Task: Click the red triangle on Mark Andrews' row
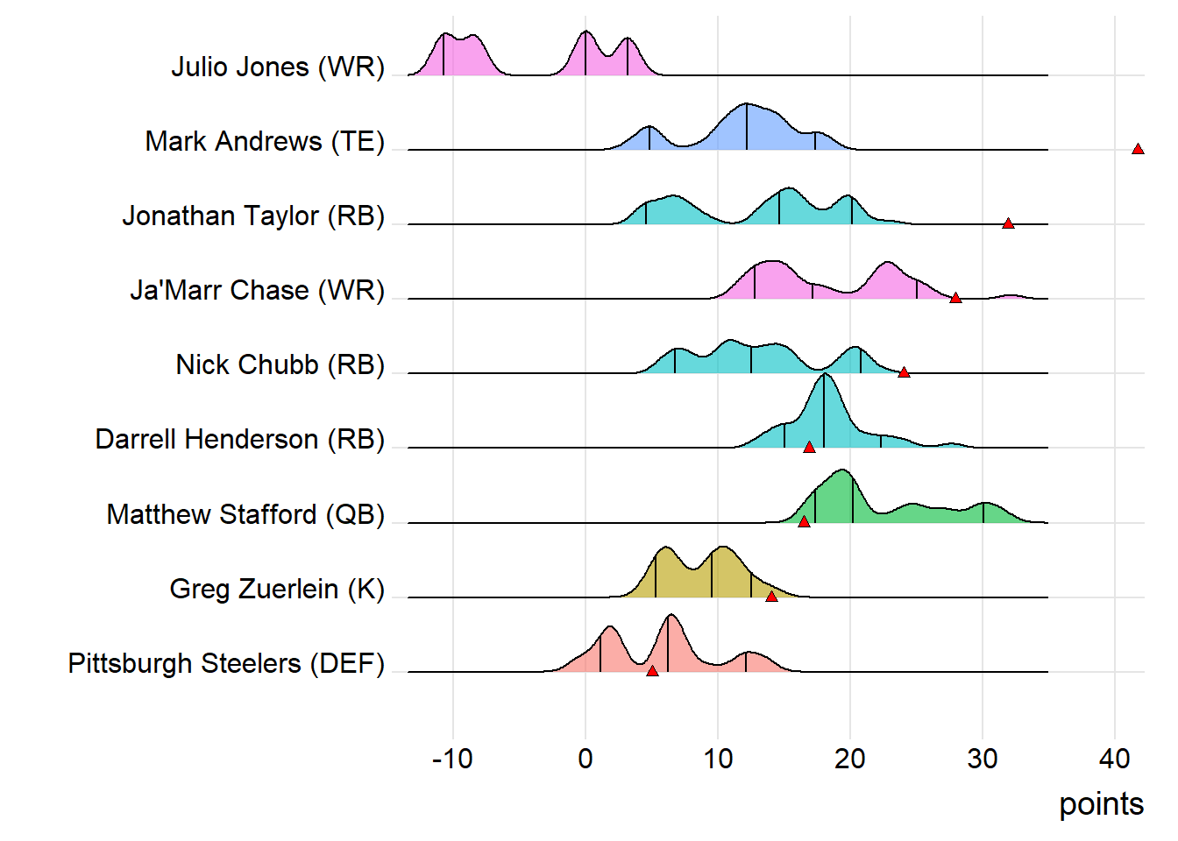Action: [1138, 149]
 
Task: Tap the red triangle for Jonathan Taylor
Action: [1008, 223]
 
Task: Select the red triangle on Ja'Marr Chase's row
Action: [955, 298]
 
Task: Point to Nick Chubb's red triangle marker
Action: [904, 372]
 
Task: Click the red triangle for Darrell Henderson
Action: [809, 447]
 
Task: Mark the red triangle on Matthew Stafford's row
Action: [804, 522]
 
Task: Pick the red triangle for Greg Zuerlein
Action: [771, 597]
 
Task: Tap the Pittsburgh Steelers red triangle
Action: [652, 671]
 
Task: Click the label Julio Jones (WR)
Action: [278, 67]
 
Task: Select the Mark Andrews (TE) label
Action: [265, 141]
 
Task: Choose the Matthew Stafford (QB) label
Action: [245, 514]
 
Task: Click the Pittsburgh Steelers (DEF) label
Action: [226, 663]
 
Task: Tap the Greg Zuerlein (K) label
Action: [277, 589]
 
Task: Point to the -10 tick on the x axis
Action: [452, 759]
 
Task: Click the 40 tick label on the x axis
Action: [1115, 759]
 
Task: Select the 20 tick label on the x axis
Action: [850, 759]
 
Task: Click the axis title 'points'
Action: [1101, 804]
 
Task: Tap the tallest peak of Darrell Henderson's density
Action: [825, 375]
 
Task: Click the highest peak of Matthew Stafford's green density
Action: [843, 471]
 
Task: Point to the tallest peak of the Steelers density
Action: [671, 616]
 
